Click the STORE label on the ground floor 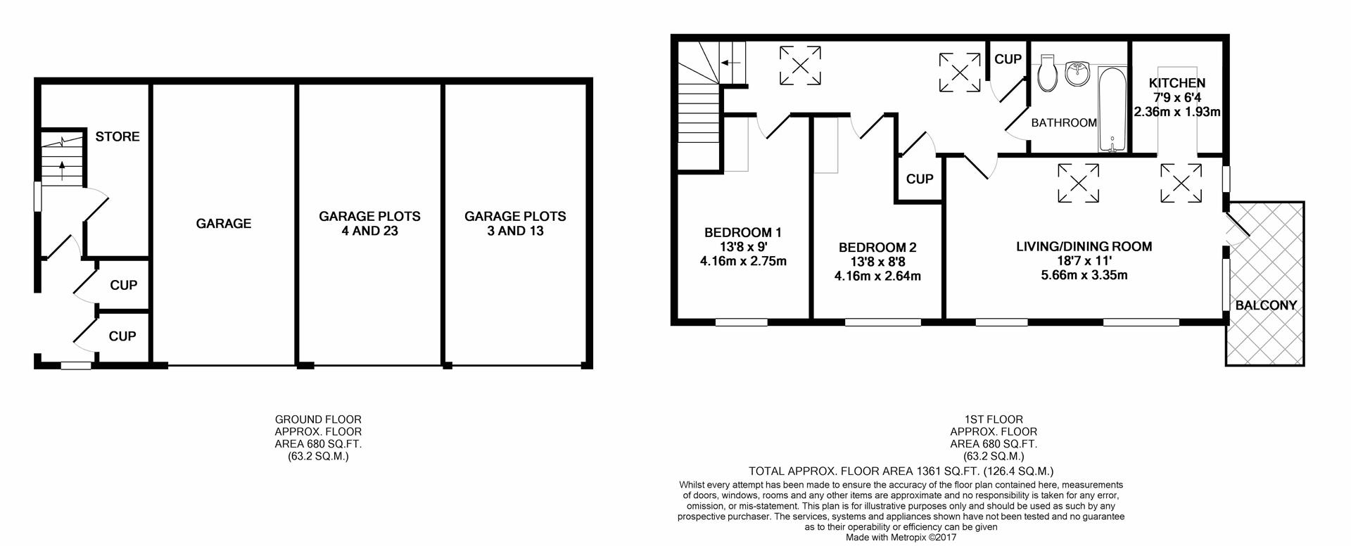(118, 136)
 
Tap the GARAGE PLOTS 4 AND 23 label (369, 224)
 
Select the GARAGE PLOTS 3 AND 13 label (515, 224)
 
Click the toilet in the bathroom (1046, 73)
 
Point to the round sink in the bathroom (1077, 72)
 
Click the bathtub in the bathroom (1112, 110)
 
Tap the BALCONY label (1266, 305)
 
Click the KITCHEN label (1177, 83)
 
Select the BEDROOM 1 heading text (743, 232)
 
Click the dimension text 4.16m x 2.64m (877, 276)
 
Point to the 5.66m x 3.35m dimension (1084, 274)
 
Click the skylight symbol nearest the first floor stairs (801, 65)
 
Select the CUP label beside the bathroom (1008, 60)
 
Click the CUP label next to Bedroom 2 (919, 179)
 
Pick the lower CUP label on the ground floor (122, 336)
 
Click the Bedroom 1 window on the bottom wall (742, 322)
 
